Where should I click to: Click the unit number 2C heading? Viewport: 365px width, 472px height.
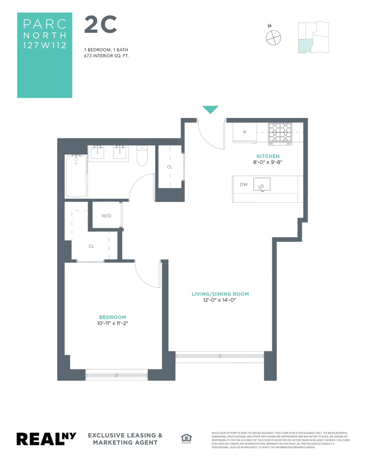coord(101,25)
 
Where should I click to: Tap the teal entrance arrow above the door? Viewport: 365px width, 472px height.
coord(210,109)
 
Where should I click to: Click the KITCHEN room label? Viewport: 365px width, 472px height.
coord(268,156)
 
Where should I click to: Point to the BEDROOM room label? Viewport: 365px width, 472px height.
coord(113,317)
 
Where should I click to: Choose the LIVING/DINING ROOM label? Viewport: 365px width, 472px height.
coord(220,294)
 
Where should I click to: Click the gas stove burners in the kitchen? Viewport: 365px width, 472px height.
coord(280,132)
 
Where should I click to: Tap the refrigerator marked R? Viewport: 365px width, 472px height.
coord(245,132)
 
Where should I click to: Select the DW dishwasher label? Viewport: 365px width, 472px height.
coord(244,184)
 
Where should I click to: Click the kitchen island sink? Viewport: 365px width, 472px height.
coord(262,184)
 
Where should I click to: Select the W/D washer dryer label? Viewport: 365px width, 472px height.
coord(106,216)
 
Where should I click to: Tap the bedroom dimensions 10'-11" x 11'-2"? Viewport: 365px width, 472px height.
coord(113,323)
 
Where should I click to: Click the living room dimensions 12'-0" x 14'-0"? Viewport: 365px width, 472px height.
coord(220,300)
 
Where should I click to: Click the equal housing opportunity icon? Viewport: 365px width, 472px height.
coord(186,438)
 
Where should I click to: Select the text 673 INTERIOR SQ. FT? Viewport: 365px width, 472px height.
coord(106,56)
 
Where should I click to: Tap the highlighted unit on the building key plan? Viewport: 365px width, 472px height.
coord(305,46)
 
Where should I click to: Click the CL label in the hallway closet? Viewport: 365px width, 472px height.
coord(170,167)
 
